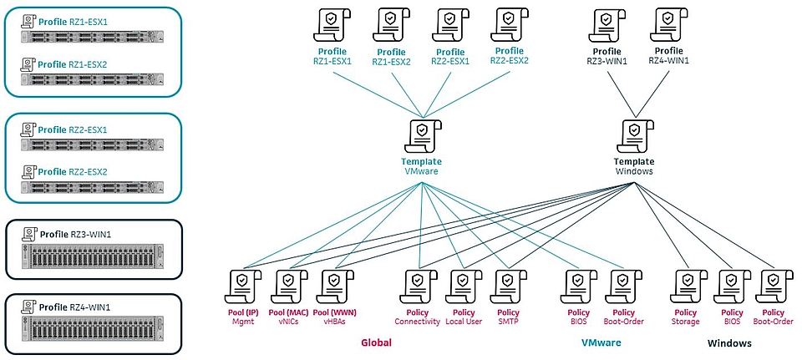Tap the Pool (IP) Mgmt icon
tap(243, 284)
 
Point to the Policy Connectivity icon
tap(417, 284)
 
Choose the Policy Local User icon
tap(462, 284)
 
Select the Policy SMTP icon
tap(507, 284)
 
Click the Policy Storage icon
tap(685, 284)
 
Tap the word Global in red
tap(376, 342)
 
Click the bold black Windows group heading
tap(729, 343)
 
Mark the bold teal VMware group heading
tap(601, 342)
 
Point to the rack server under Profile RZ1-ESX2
tap(87, 79)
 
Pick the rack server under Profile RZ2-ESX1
tap(87, 145)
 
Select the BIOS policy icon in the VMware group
tap(579, 284)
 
